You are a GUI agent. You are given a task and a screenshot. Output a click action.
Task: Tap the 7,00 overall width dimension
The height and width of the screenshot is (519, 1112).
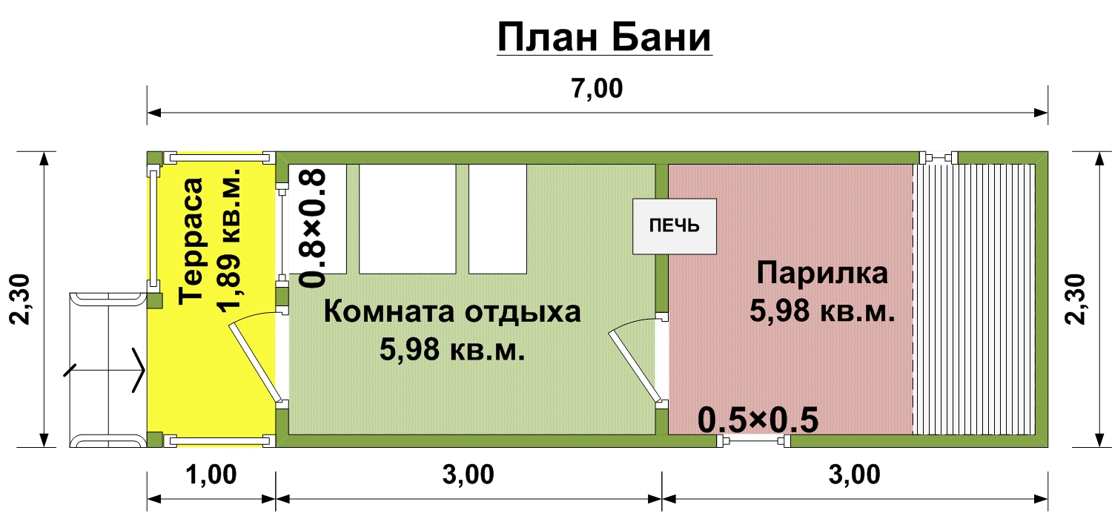pyautogui.click(x=598, y=89)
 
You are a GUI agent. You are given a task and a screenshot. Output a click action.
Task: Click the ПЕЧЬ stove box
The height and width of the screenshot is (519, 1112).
pyautogui.click(x=674, y=225)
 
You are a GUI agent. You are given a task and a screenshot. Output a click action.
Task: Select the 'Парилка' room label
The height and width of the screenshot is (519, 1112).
pyautogui.click(x=821, y=273)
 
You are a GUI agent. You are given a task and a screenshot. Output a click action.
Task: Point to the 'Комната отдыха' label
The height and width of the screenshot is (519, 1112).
pyautogui.click(x=452, y=311)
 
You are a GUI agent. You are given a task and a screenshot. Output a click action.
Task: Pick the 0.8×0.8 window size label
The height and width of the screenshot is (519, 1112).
pyautogui.click(x=314, y=227)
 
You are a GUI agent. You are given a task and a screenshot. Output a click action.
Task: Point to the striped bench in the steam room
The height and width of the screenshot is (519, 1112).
pyautogui.click(x=974, y=298)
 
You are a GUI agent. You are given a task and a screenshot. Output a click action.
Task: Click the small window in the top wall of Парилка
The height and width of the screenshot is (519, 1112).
pyautogui.click(x=938, y=157)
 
